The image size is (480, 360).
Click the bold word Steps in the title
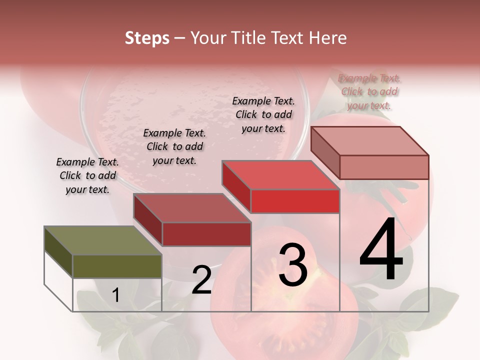[x=147, y=38]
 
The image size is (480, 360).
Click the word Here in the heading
[x=327, y=38]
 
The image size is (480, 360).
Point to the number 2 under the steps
[x=201, y=279]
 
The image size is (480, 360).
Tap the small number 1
[x=115, y=295]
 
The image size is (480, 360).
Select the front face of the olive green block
[x=117, y=266]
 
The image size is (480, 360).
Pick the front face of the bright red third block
[x=295, y=201]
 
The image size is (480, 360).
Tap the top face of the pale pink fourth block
[x=369, y=140]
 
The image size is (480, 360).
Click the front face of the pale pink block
[x=384, y=167]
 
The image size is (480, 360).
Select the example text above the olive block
[x=87, y=175]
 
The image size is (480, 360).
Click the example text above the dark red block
[x=174, y=146]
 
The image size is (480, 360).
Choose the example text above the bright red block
[x=263, y=114]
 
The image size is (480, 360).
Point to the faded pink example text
[x=369, y=91]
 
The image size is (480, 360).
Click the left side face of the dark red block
[x=147, y=220]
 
